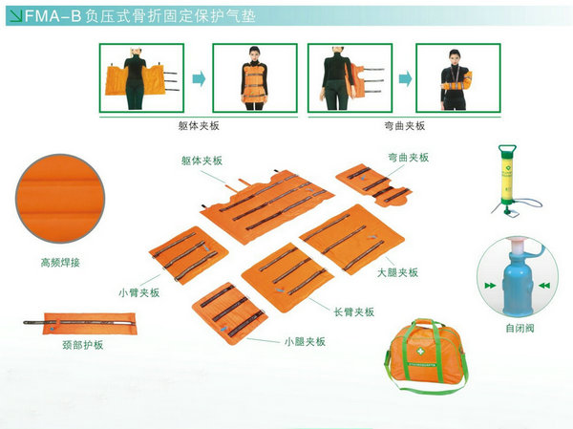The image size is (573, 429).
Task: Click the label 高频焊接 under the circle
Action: click(x=60, y=262)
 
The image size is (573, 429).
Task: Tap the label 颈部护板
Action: click(x=82, y=345)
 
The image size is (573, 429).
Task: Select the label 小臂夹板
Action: click(x=138, y=292)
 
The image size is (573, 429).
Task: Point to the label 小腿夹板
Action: click(x=305, y=342)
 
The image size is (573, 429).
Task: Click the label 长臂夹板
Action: click(x=353, y=311)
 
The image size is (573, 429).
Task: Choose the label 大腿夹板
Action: click(x=397, y=272)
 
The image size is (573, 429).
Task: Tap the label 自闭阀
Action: click(x=520, y=328)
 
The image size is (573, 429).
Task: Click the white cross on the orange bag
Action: click(x=420, y=351)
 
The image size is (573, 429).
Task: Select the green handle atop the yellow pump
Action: click(x=508, y=149)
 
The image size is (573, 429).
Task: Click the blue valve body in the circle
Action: click(x=519, y=284)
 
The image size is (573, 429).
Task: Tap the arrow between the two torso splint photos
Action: click(x=199, y=78)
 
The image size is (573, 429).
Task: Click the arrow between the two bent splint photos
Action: click(x=405, y=78)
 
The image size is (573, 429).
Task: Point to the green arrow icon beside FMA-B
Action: click(x=15, y=16)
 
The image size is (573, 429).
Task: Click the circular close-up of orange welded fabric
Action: click(x=60, y=198)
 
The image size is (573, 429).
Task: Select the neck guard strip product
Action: click(x=80, y=323)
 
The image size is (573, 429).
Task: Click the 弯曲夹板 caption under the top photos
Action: click(x=405, y=126)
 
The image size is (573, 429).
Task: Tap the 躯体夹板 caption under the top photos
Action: click(x=199, y=126)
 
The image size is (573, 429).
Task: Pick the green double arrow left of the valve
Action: click(x=491, y=286)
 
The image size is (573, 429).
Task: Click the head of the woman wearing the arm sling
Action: click(x=455, y=56)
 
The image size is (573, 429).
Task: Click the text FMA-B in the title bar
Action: click(x=53, y=16)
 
